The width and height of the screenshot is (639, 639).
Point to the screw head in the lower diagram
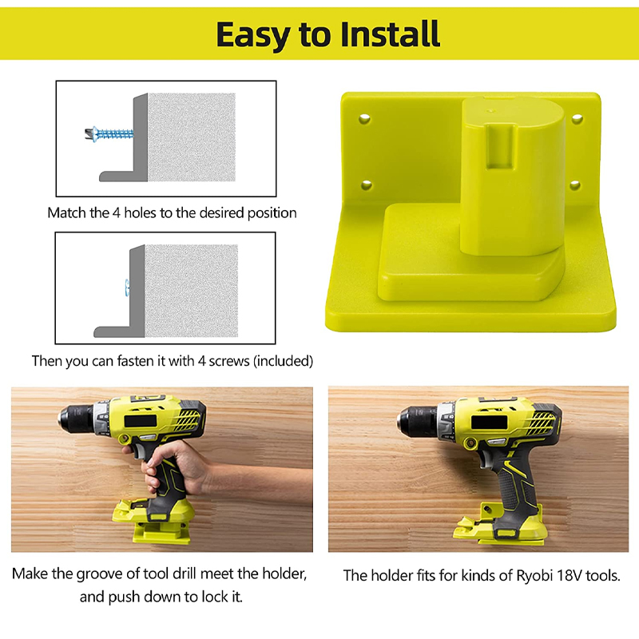126,284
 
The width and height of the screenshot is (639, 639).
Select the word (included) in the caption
283,361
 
